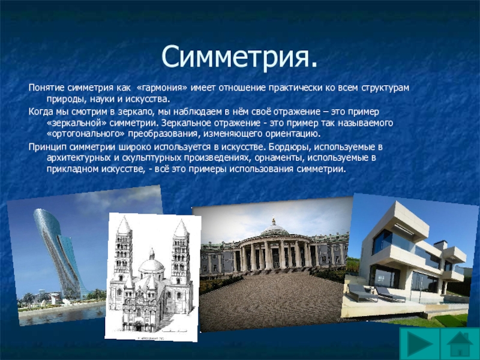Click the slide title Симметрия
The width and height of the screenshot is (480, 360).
click(239, 57)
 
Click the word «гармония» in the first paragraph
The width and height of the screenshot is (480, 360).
click(162, 88)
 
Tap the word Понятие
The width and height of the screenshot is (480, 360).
click(47, 88)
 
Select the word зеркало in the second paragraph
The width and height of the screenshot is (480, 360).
click(136, 112)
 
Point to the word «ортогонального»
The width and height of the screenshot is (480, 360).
click(86, 134)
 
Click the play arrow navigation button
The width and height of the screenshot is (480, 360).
click(419, 343)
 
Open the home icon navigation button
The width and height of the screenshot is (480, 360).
click(460, 343)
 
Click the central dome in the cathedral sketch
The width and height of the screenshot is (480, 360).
click(152, 264)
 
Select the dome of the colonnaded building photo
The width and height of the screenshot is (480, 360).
click(274, 227)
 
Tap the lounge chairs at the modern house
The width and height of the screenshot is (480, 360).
click(376, 293)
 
